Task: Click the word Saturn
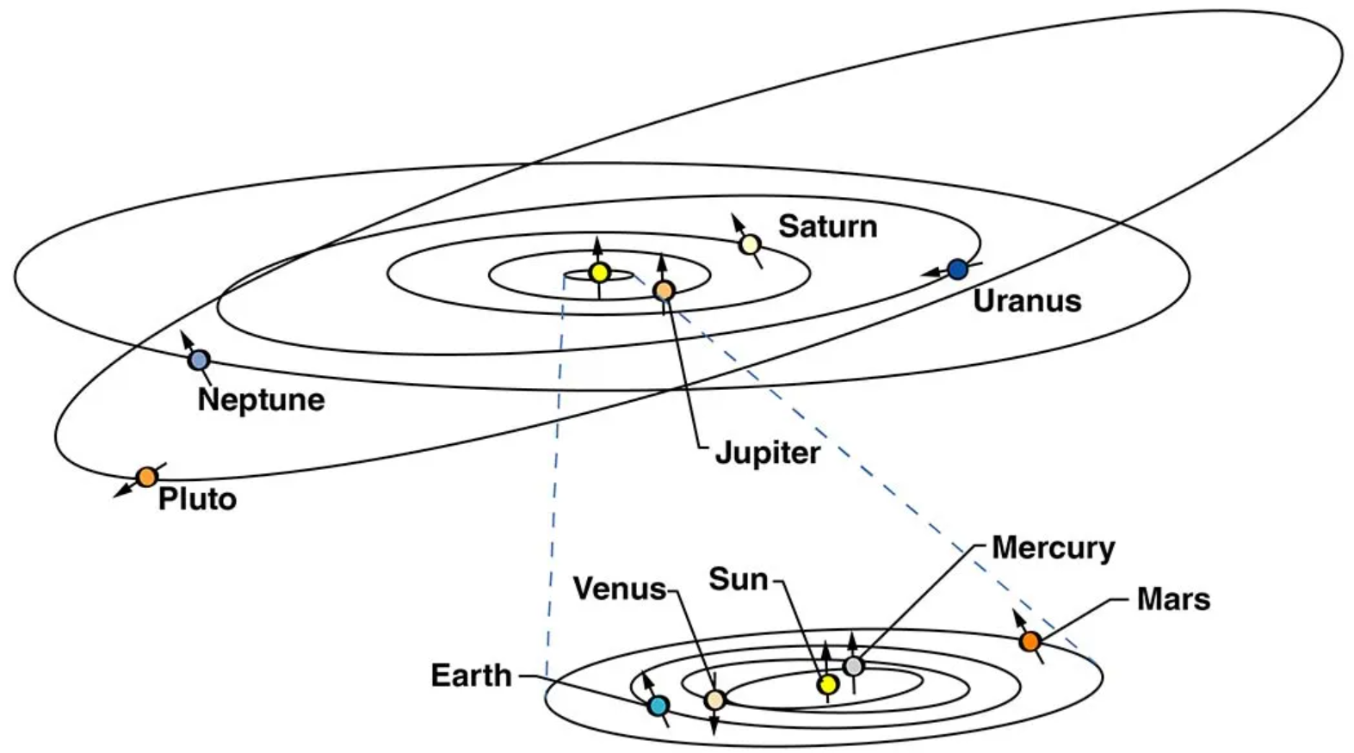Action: tap(827, 226)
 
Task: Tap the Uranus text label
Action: tap(1027, 301)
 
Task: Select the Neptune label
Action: tap(261, 400)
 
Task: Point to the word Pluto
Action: tap(197, 500)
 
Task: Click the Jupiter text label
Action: tap(768, 454)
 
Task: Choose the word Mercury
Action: tap(1054, 549)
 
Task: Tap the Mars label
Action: tap(1174, 600)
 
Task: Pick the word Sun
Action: tap(738, 579)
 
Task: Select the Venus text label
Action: tap(620, 589)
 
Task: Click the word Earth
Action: tap(472, 675)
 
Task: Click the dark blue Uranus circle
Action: tap(957, 268)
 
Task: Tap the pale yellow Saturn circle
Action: tap(750, 244)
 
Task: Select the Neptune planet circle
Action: tap(198, 361)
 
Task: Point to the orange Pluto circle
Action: tap(146, 477)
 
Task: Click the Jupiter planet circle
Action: tap(664, 291)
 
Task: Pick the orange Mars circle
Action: tap(1030, 641)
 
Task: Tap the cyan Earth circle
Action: tap(658, 706)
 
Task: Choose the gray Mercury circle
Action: tap(853, 666)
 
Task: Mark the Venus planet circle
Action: tap(714, 700)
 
